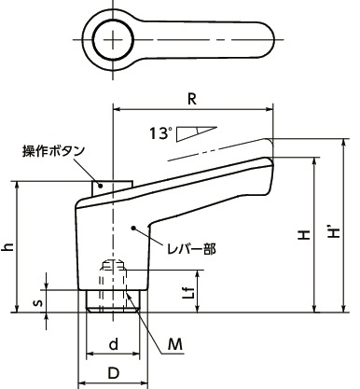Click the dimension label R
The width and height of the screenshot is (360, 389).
pos(191,96)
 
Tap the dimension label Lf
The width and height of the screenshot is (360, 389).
pos(188,291)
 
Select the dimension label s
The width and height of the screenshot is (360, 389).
pos(36,301)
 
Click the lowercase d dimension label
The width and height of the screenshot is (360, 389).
pos(113,344)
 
